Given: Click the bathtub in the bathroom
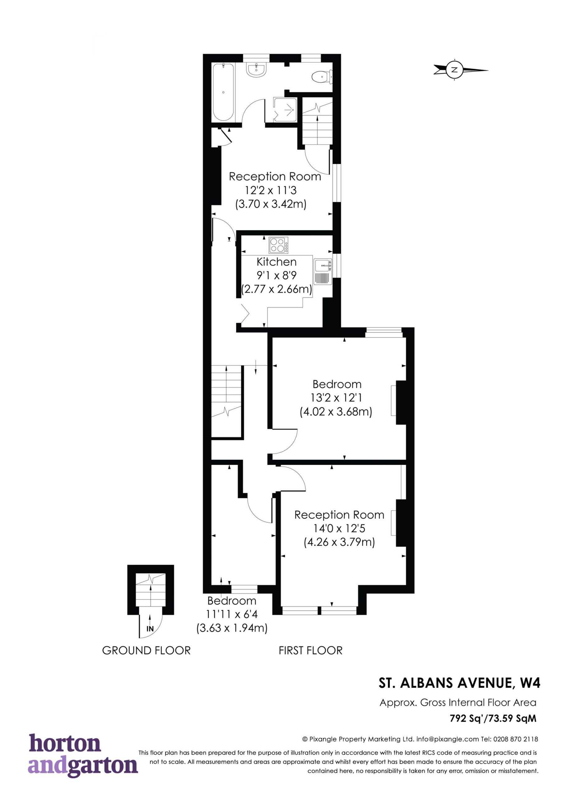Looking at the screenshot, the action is point(223,92).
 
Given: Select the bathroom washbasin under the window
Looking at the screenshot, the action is point(256,69).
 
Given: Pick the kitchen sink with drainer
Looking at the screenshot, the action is point(323,271).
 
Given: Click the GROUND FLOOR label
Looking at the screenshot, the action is point(147,650).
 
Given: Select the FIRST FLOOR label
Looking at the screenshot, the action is point(310,650).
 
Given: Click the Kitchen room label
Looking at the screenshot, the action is point(277,262).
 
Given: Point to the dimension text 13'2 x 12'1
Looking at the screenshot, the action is point(337,398).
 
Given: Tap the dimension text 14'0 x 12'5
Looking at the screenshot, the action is point(339,528).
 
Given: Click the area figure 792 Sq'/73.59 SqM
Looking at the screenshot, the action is point(493,718).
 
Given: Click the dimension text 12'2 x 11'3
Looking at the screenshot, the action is point(271,190).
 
